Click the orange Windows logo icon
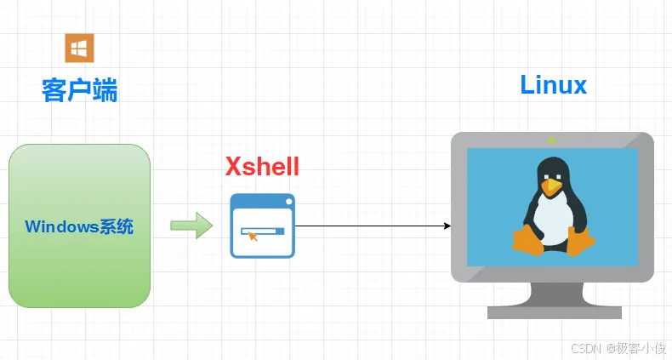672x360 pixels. click(80, 48)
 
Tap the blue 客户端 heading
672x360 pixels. click(80, 89)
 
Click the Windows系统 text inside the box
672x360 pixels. click(79, 226)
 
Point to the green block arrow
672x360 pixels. click(191, 226)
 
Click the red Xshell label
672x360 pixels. click(262, 166)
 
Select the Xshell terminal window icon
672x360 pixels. click(262, 226)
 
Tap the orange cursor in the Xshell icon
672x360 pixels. click(252, 234)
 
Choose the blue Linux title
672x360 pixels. click(553, 84)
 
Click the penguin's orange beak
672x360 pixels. click(553, 185)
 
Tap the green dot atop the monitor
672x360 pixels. click(552, 140)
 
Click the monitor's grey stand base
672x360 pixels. click(554, 312)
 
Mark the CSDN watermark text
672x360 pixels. click(586, 348)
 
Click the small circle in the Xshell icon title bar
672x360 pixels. click(288, 202)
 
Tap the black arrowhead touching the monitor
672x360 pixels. click(447, 226)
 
